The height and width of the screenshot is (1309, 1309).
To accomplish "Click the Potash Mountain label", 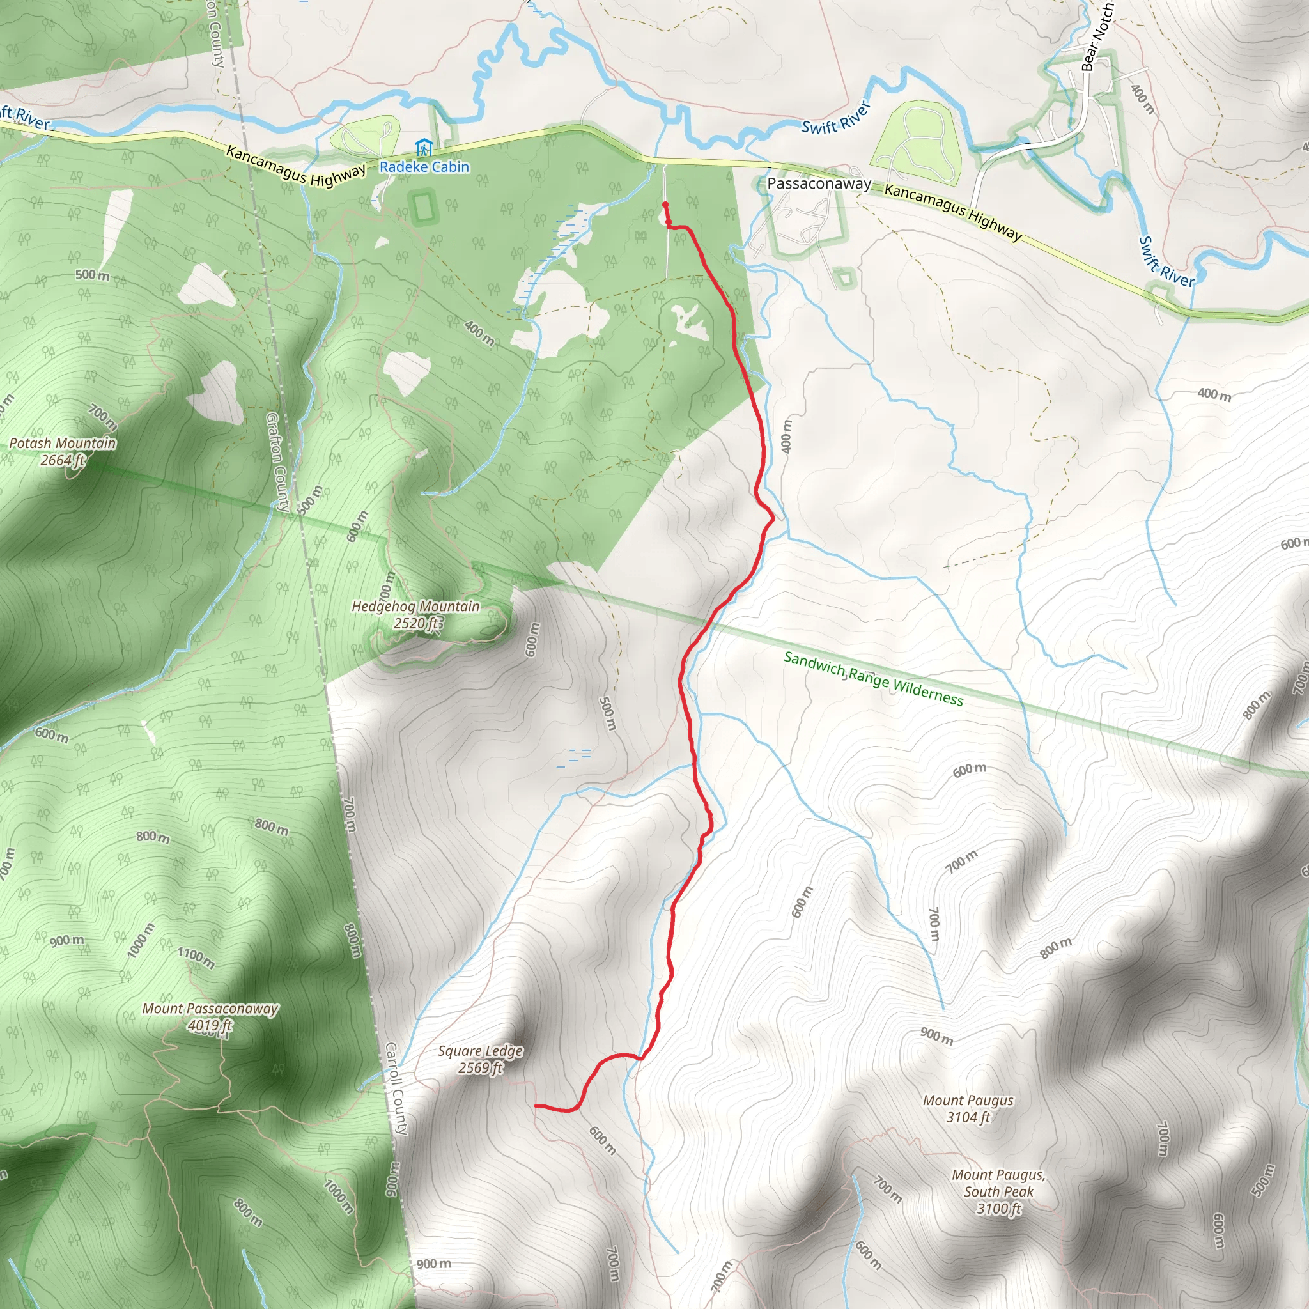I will pyautogui.click(x=63, y=443).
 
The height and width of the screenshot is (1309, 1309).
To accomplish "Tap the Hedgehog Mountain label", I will pyautogui.click(x=415, y=607).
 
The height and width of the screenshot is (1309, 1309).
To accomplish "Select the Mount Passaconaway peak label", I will pyautogui.click(x=210, y=1009).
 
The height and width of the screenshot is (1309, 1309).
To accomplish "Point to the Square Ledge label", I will pyautogui.click(x=481, y=1051).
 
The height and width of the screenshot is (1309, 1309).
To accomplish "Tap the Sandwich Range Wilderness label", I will pyautogui.click(x=873, y=678).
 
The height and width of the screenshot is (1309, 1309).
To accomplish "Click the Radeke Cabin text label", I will pyautogui.click(x=424, y=167).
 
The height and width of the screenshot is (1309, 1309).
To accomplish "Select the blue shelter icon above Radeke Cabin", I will pyautogui.click(x=424, y=147).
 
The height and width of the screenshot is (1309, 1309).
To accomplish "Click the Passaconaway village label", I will pyautogui.click(x=819, y=183).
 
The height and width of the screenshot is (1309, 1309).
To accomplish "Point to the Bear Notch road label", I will pyautogui.click(x=1096, y=37).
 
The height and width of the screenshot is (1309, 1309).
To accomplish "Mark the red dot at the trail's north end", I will pyautogui.click(x=665, y=205).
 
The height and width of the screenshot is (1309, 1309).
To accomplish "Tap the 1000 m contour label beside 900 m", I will pyautogui.click(x=140, y=940).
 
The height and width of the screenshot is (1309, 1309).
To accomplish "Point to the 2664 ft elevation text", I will pyautogui.click(x=63, y=460).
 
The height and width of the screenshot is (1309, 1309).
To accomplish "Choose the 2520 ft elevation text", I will pyautogui.click(x=415, y=623).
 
